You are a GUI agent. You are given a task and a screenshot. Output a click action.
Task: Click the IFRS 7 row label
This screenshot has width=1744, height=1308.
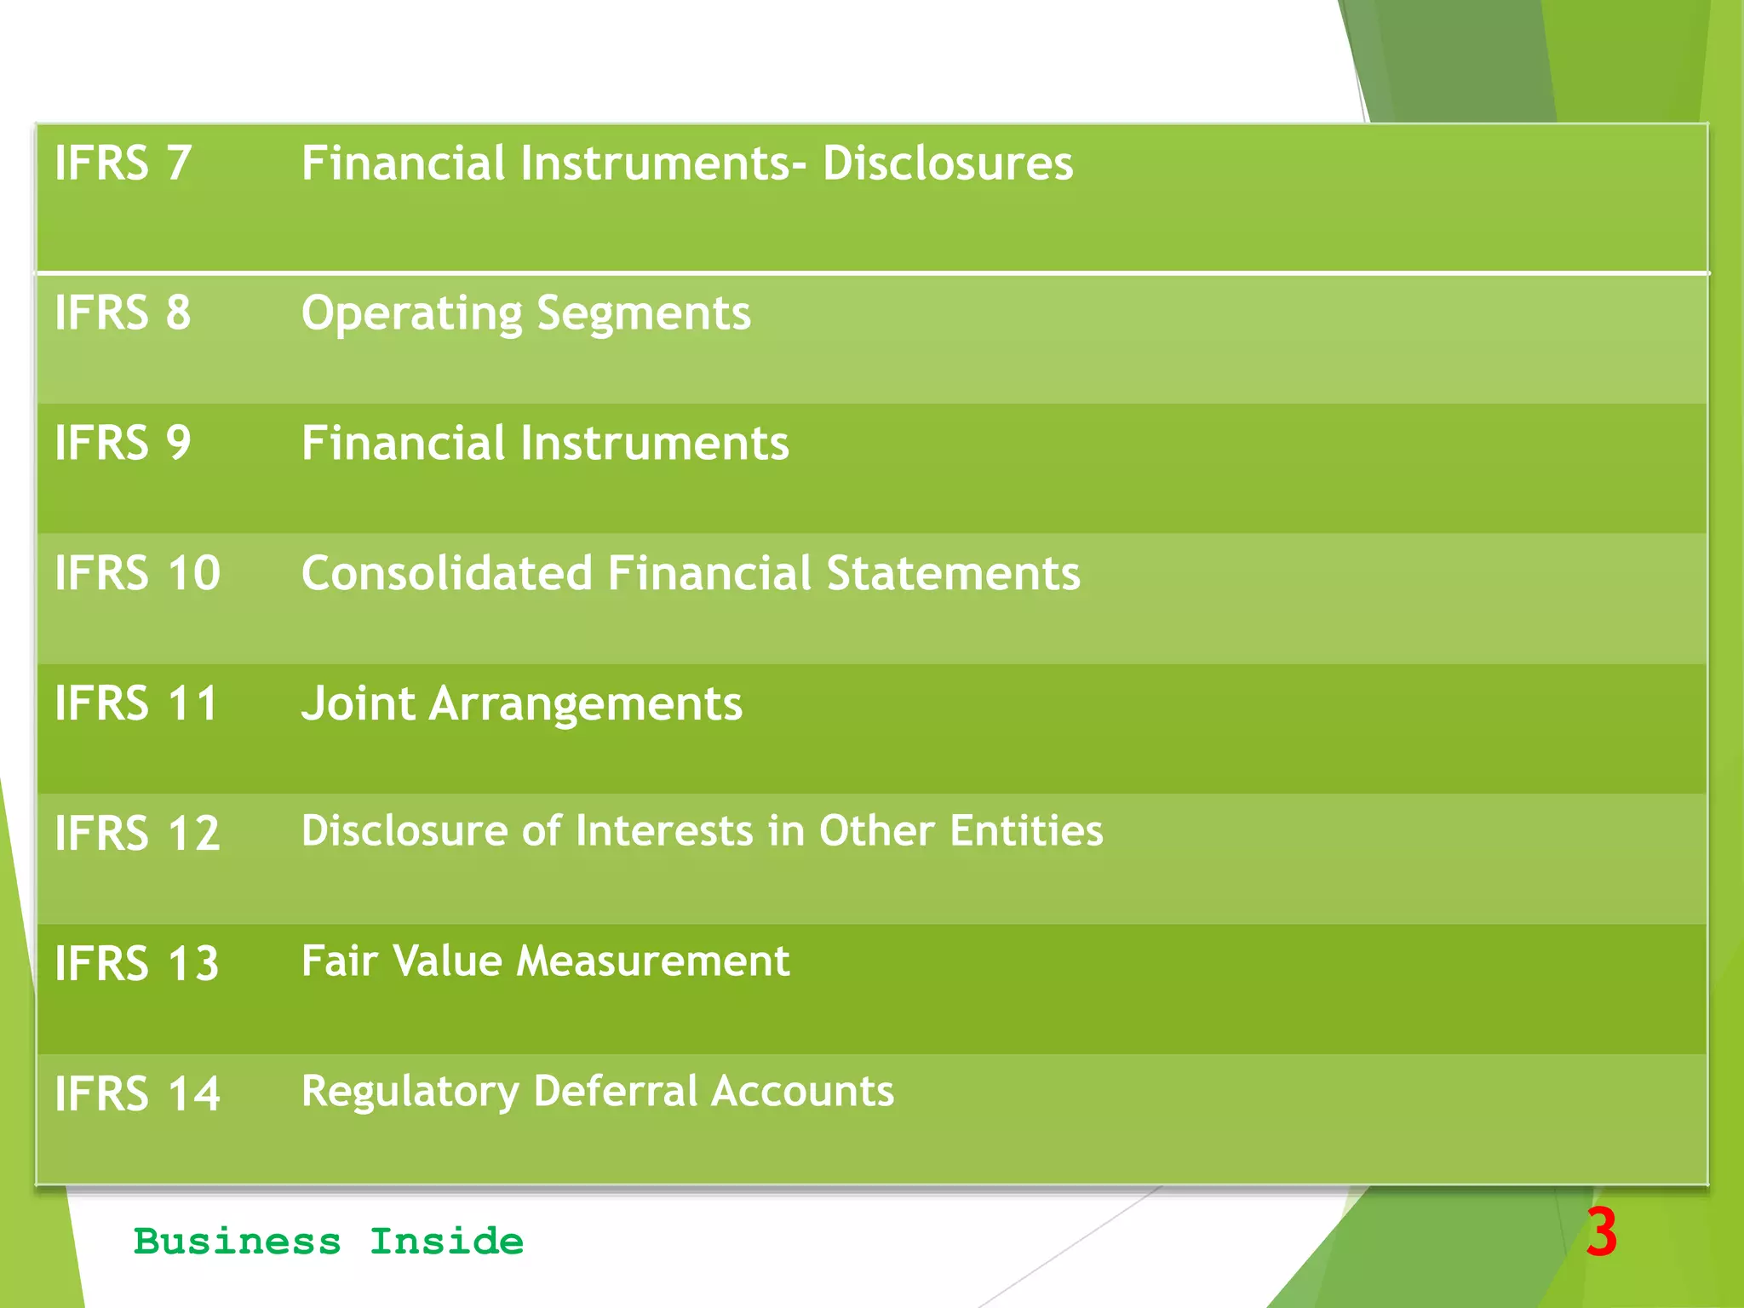(x=123, y=163)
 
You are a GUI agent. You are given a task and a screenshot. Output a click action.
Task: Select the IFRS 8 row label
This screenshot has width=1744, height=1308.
(x=123, y=313)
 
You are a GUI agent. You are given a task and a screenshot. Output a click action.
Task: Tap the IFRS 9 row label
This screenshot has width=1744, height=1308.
(x=123, y=443)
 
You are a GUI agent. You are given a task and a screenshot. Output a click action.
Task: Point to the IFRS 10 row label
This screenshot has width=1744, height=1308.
(x=137, y=573)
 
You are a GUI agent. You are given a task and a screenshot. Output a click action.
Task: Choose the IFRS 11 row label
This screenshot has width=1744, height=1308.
(x=136, y=703)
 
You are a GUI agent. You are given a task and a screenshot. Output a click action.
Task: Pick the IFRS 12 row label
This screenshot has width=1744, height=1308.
(x=137, y=833)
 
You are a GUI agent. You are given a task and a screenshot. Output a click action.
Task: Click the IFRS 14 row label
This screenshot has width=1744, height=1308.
(x=137, y=1093)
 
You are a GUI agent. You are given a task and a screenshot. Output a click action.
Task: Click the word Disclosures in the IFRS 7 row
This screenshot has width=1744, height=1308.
(x=948, y=163)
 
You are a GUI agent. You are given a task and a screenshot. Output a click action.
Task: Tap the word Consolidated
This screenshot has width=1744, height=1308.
(x=447, y=573)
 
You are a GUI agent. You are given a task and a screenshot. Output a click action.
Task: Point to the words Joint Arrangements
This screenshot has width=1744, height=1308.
(x=521, y=704)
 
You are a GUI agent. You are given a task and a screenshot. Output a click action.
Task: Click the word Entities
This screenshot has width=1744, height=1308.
(x=1026, y=830)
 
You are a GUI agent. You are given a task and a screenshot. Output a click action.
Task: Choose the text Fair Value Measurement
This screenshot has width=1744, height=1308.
(x=545, y=961)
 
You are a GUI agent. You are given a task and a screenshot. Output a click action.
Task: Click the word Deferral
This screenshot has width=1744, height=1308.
(x=616, y=1091)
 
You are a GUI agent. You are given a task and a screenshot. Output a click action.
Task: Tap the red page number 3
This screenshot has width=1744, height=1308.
(x=1601, y=1232)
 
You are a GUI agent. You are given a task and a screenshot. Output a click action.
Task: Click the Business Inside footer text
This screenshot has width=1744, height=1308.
(x=329, y=1242)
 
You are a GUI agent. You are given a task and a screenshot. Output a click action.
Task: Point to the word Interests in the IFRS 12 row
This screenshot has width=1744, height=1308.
(x=664, y=830)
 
